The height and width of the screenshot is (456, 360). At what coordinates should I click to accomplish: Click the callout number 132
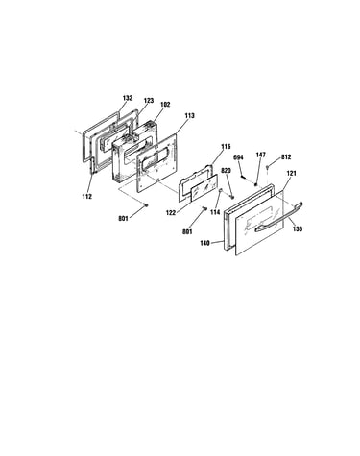click(x=128, y=98)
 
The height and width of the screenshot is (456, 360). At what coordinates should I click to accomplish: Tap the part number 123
click(x=149, y=101)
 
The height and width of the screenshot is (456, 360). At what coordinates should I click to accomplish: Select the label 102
click(x=165, y=105)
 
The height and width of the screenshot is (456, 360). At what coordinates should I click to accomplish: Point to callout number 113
click(x=189, y=115)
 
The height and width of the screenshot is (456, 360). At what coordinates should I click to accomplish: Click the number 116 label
click(x=226, y=147)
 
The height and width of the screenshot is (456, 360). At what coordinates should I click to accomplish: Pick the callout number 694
click(x=238, y=157)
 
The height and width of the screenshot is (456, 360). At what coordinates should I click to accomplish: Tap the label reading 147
click(x=260, y=155)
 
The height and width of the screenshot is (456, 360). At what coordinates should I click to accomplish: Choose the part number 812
click(x=286, y=157)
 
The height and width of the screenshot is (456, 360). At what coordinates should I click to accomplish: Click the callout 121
click(x=291, y=173)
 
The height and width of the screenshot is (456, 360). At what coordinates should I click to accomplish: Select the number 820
click(x=226, y=171)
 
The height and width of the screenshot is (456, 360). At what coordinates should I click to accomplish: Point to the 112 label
click(x=86, y=197)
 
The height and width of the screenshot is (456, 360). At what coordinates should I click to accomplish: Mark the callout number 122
click(x=171, y=212)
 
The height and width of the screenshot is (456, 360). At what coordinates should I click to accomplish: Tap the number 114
click(x=215, y=212)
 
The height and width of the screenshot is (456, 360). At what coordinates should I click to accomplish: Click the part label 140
click(x=204, y=243)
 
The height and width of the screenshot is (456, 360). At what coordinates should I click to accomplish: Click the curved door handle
click(x=279, y=217)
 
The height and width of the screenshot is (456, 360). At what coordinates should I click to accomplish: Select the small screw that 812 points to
click(x=268, y=167)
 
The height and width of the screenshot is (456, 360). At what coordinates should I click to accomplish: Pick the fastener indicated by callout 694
click(x=244, y=176)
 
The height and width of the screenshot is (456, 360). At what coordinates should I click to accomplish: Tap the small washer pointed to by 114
click(x=220, y=191)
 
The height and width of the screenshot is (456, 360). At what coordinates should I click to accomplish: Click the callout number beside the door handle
click(x=298, y=229)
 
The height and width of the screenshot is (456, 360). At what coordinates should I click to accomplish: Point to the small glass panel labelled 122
click(x=204, y=188)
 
